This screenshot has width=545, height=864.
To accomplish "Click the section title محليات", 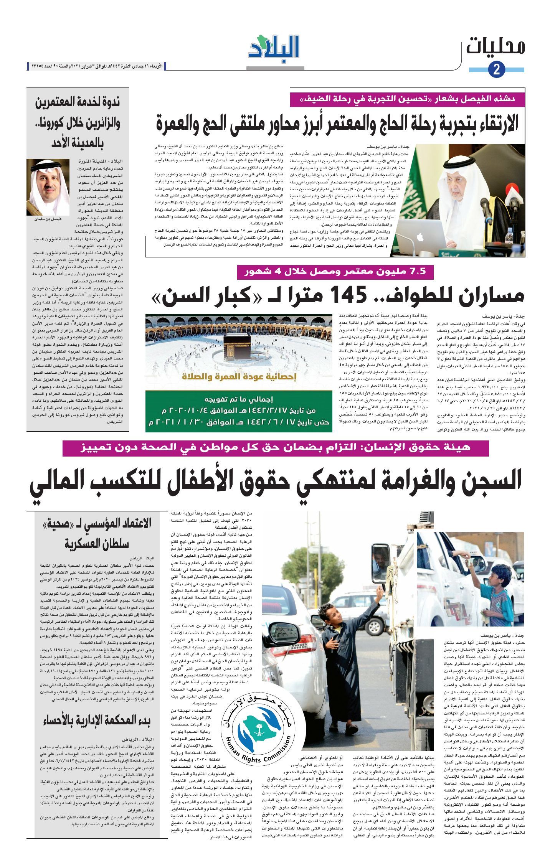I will coord(495,46).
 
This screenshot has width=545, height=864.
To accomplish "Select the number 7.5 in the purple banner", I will coord(416,272).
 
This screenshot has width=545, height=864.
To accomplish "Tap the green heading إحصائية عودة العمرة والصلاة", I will coord(238,377).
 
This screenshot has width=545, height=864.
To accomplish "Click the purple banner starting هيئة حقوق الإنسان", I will coord(275,447).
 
